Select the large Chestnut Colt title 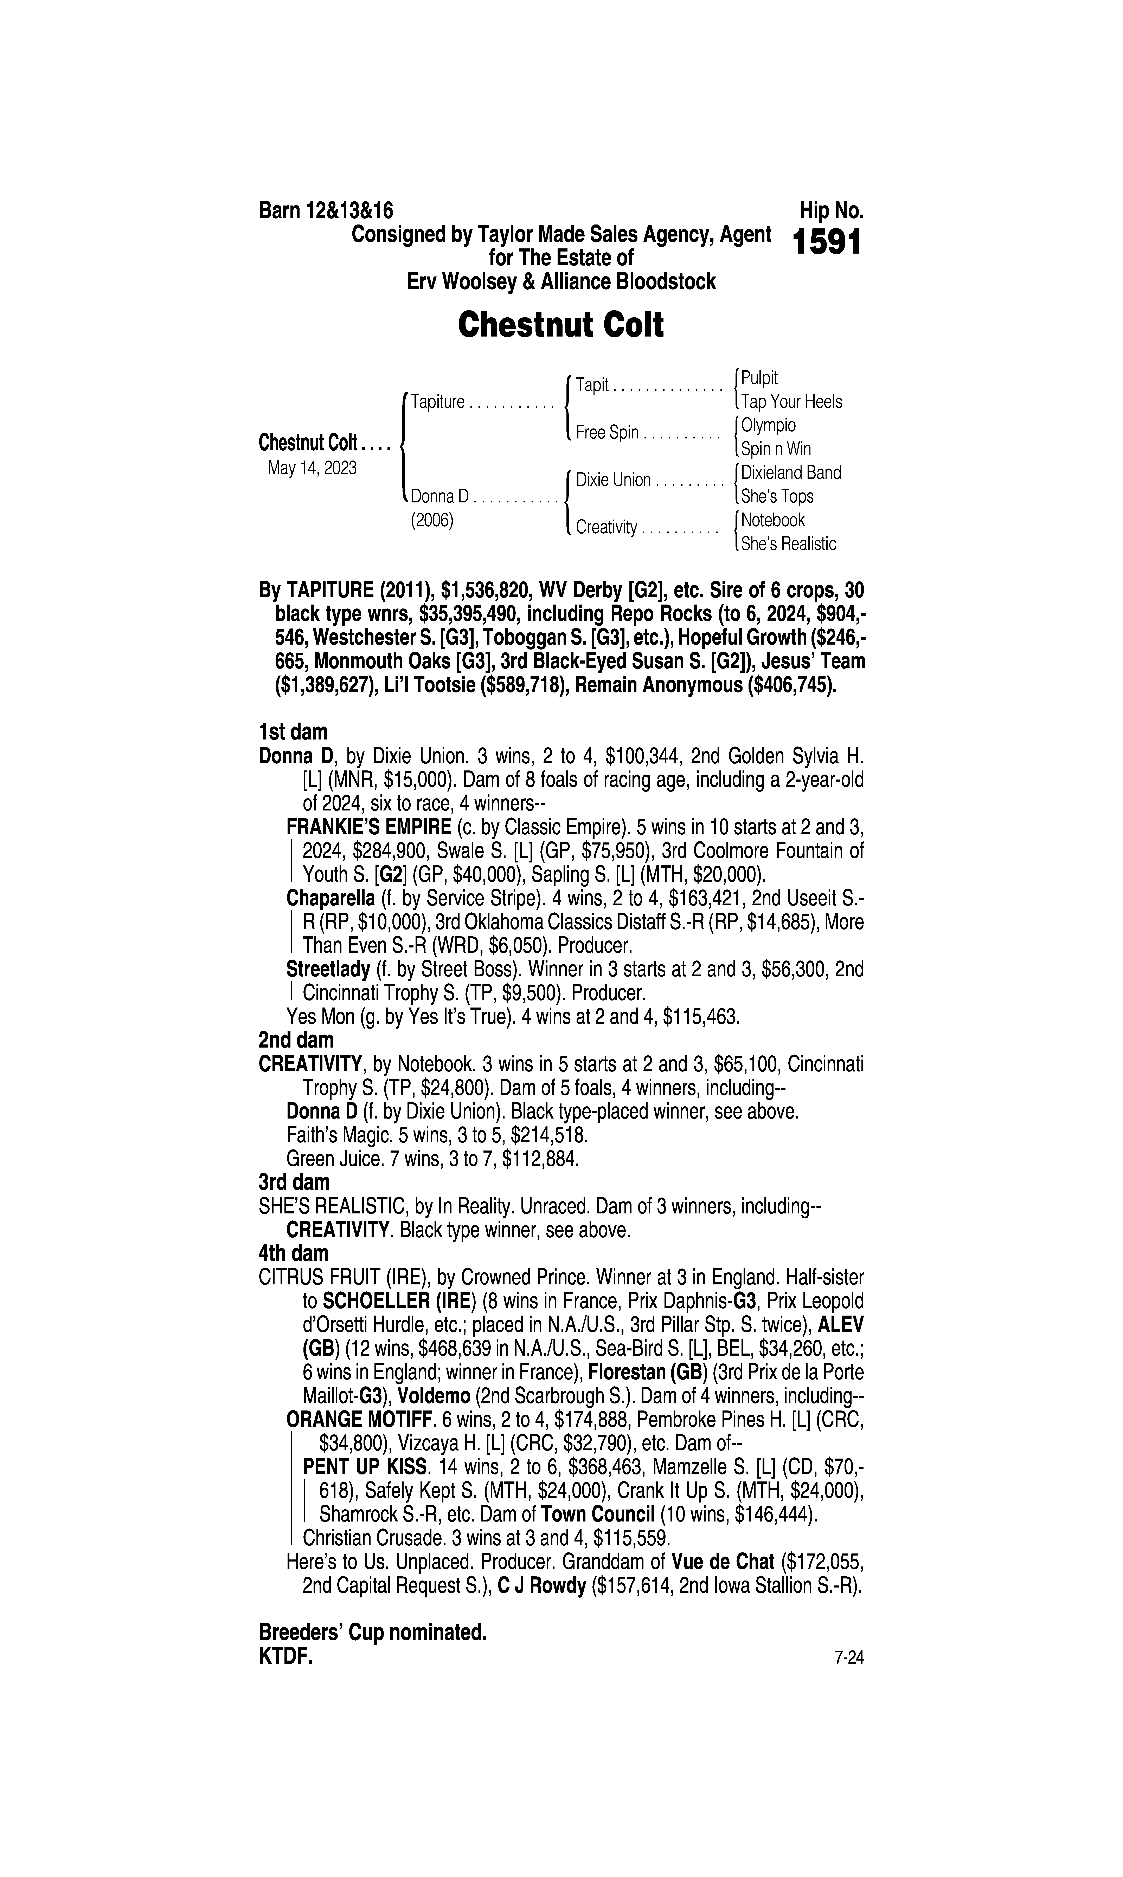tap(561, 325)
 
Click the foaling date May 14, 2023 tap(312, 468)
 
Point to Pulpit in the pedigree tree tap(759, 378)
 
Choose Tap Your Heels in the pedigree tap(791, 402)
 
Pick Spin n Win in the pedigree tap(776, 449)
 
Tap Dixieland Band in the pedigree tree tap(791, 473)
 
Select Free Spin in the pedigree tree tap(607, 432)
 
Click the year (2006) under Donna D tap(431, 521)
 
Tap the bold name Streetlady tap(328, 969)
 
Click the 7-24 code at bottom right tap(848, 1658)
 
